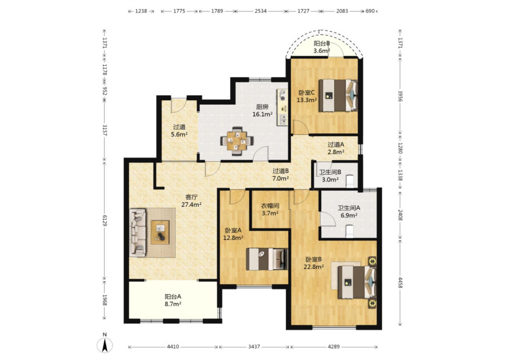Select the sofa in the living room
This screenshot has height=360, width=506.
(x=138, y=233)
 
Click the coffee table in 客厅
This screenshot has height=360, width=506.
(x=160, y=232)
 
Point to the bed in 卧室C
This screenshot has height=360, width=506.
(x=338, y=95)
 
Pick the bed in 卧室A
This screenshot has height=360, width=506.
(x=267, y=259)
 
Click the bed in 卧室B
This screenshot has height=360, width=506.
(x=357, y=282)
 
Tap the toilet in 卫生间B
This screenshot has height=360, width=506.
(x=350, y=181)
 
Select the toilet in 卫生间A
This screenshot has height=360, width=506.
(x=349, y=231)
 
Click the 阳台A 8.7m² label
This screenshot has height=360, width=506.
(x=173, y=300)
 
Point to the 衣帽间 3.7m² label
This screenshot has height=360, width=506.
(x=270, y=209)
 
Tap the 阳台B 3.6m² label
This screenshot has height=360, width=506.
(x=322, y=47)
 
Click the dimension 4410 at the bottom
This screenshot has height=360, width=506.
(x=173, y=346)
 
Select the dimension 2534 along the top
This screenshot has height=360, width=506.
(x=260, y=11)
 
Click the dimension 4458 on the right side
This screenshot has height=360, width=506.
(x=400, y=283)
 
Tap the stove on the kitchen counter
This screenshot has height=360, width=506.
(x=283, y=95)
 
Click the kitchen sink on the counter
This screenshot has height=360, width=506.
(x=283, y=120)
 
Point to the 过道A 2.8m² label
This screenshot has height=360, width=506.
(x=336, y=148)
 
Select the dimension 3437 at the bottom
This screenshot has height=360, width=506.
(x=254, y=346)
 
